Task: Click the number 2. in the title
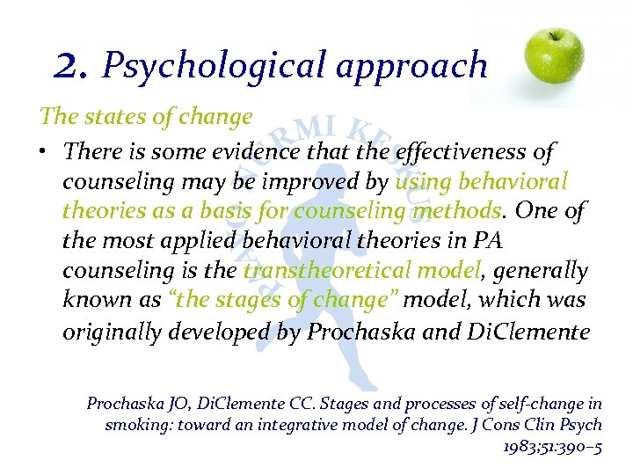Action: [72, 64]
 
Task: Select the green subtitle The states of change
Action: [145, 116]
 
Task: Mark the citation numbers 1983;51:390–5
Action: [552, 446]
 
